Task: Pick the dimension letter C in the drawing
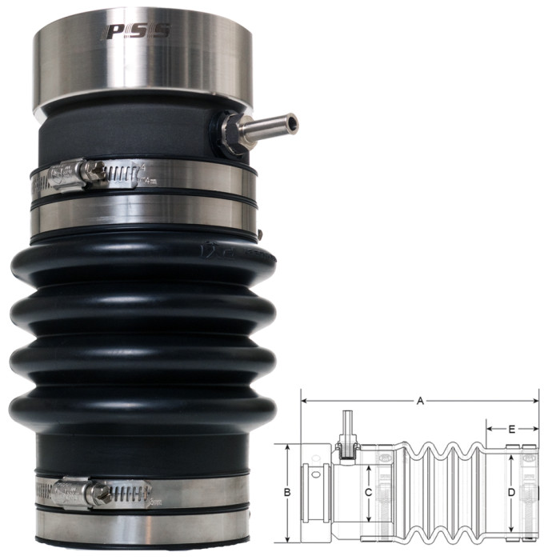(x=367, y=493)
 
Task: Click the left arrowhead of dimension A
(x=305, y=399)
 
